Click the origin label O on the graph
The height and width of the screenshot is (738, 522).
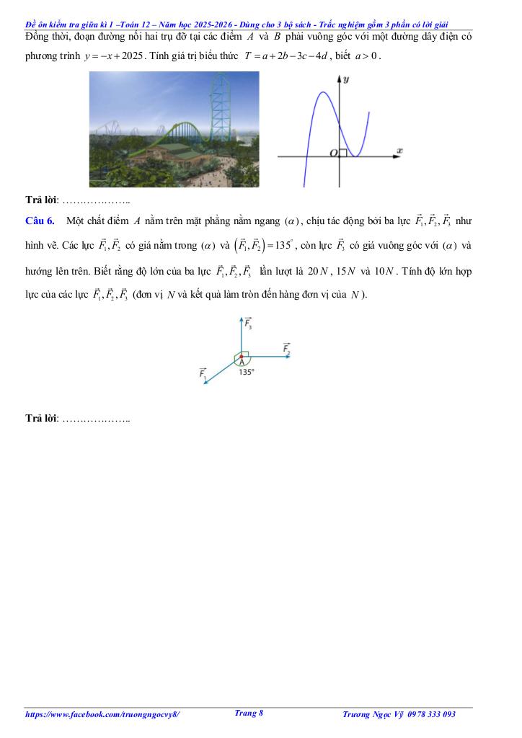[x=333, y=154]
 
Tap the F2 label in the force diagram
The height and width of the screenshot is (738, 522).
[x=287, y=349]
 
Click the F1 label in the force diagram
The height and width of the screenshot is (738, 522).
[x=203, y=374]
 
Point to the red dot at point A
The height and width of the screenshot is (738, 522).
[x=241, y=356]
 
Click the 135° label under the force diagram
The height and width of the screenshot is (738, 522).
[x=246, y=373]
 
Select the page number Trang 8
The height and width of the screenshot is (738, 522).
[x=249, y=713]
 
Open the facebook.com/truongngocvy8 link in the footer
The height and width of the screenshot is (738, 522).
[x=102, y=714]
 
